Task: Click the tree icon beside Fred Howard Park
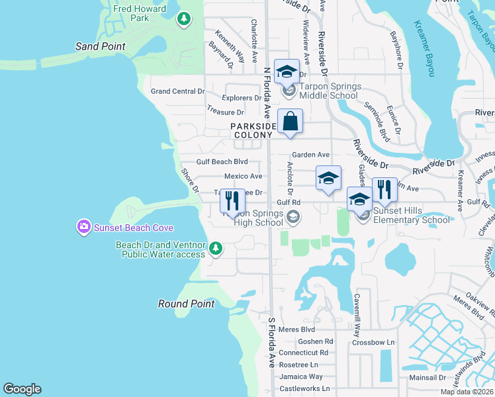tap(184, 19)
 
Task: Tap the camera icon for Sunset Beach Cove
tap(83, 228)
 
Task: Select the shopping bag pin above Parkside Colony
tap(290, 122)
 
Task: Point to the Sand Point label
tap(101, 46)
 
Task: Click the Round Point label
tap(186, 304)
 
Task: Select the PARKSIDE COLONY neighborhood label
tap(251, 130)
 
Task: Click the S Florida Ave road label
tap(271, 342)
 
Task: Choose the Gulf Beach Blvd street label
tap(222, 161)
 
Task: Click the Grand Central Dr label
tap(177, 91)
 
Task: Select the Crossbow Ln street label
tap(373, 342)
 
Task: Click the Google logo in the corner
tap(22, 389)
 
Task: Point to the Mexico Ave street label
tap(243, 177)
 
